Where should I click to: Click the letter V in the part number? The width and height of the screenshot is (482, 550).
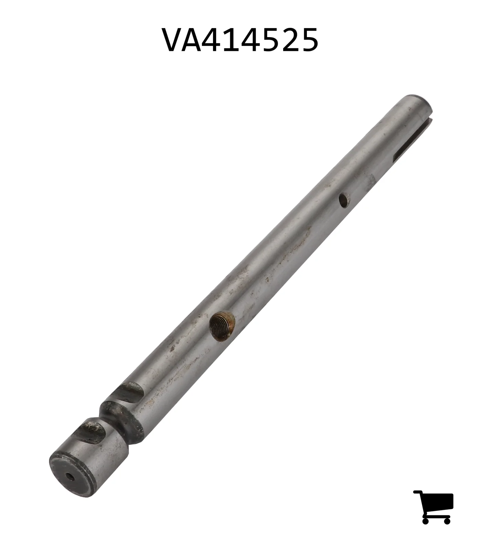(174, 40)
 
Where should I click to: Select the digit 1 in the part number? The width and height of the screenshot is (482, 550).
(238, 40)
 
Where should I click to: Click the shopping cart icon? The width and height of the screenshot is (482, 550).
(433, 507)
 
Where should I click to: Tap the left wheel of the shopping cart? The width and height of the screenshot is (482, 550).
(426, 520)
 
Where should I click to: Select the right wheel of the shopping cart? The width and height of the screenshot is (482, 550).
(447, 520)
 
